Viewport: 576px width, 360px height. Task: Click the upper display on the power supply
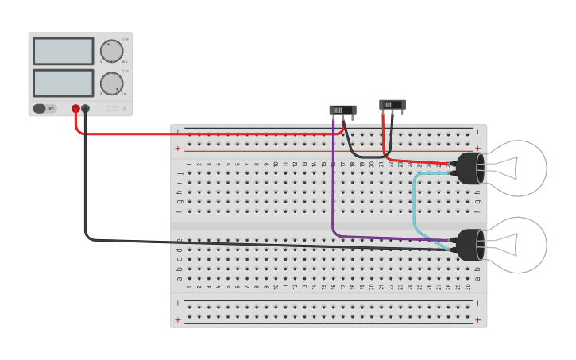point(63,51)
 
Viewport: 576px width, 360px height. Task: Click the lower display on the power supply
point(63,83)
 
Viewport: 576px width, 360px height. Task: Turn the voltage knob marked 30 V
point(111,51)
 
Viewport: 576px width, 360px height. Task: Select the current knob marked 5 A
point(111,83)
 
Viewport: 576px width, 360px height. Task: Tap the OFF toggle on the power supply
point(44,108)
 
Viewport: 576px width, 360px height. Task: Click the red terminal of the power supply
point(75,108)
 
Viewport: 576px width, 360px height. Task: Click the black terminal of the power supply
point(86,108)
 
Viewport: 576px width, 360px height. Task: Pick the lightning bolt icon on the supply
point(124,109)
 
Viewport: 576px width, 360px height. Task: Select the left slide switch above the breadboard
point(342,110)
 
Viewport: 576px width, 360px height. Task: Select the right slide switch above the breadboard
point(392,104)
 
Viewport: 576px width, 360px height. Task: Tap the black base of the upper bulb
point(471,168)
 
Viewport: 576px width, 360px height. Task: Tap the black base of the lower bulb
point(471,245)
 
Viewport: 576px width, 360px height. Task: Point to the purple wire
point(333,191)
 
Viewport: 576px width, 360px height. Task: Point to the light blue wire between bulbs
point(414,207)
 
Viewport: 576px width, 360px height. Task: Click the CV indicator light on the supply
point(125,41)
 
